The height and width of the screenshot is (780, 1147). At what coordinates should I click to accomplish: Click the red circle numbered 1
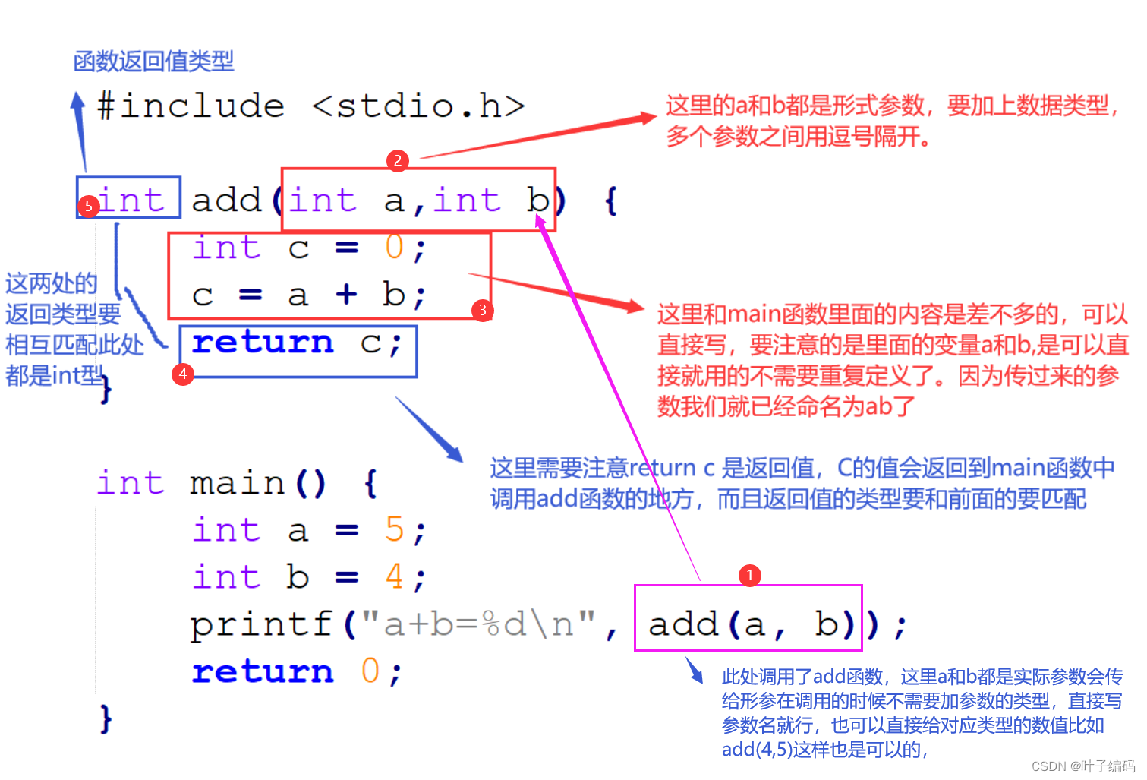pos(749,575)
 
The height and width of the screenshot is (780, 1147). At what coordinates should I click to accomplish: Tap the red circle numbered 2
pos(397,160)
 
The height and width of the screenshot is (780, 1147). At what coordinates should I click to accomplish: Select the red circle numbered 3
pos(482,310)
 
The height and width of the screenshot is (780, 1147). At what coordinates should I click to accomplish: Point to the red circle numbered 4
pos(183,374)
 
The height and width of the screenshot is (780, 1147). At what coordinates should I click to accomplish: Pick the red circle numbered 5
pos(89,206)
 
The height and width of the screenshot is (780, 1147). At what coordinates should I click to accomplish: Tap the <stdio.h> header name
pos(418,106)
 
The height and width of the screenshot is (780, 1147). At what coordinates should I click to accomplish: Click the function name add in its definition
pos(226,201)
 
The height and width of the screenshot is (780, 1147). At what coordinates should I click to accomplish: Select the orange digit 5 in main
pos(394,529)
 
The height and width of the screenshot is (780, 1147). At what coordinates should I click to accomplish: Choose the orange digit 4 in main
pos(394,576)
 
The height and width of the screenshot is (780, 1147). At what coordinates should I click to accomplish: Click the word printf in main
pos(261,624)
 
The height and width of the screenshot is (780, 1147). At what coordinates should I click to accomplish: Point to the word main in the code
pos(237,483)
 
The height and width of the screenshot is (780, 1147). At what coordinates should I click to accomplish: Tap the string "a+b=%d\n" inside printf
pos(478,624)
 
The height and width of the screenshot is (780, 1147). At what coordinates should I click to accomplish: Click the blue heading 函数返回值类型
pos(153,61)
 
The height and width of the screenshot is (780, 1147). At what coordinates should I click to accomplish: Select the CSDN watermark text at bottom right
pos(1082,766)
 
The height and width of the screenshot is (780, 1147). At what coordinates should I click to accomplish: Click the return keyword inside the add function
pos(263,343)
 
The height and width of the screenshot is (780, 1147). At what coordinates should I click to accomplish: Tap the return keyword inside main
pos(263,671)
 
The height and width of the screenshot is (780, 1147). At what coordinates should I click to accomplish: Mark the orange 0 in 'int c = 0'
pos(394,248)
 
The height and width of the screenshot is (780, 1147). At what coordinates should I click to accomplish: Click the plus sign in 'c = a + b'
pos(346,294)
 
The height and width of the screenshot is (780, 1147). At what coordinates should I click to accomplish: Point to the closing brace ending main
pos(106,718)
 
